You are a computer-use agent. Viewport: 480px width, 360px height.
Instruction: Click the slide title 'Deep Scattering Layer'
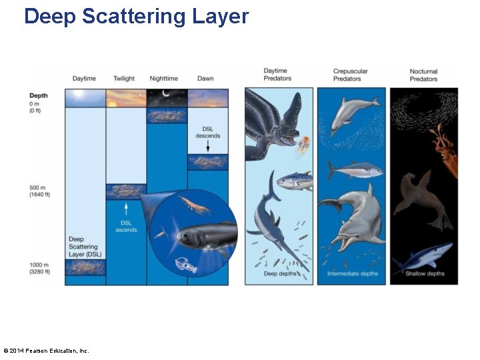coord(136,16)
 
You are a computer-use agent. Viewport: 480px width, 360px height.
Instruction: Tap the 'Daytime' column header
coord(85,79)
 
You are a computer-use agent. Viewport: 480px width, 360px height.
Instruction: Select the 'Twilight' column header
coord(124,79)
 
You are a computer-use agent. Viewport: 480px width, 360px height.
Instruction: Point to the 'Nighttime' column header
coord(164,79)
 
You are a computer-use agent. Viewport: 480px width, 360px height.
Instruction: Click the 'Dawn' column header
coord(205,79)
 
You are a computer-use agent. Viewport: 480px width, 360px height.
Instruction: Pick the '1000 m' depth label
coord(40,267)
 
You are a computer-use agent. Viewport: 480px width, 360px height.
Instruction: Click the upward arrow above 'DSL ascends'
coord(125,209)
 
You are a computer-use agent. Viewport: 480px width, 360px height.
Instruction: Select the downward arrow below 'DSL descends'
coord(207,146)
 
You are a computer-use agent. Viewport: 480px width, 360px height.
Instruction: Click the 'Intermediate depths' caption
coord(352,274)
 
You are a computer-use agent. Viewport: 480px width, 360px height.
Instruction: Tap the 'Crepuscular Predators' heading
coord(351,75)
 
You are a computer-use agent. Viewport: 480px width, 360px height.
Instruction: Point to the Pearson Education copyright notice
coord(45,351)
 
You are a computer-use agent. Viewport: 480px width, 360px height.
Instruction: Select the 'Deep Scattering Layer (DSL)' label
coord(85,247)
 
